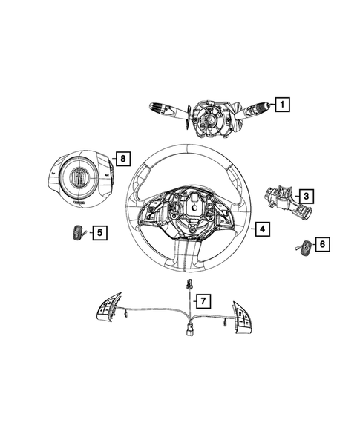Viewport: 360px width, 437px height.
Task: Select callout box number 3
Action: click(x=305, y=197)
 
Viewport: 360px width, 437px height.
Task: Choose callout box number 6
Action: click(x=323, y=243)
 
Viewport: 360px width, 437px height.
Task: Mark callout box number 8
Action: click(x=123, y=158)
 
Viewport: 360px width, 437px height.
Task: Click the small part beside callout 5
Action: click(x=78, y=234)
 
